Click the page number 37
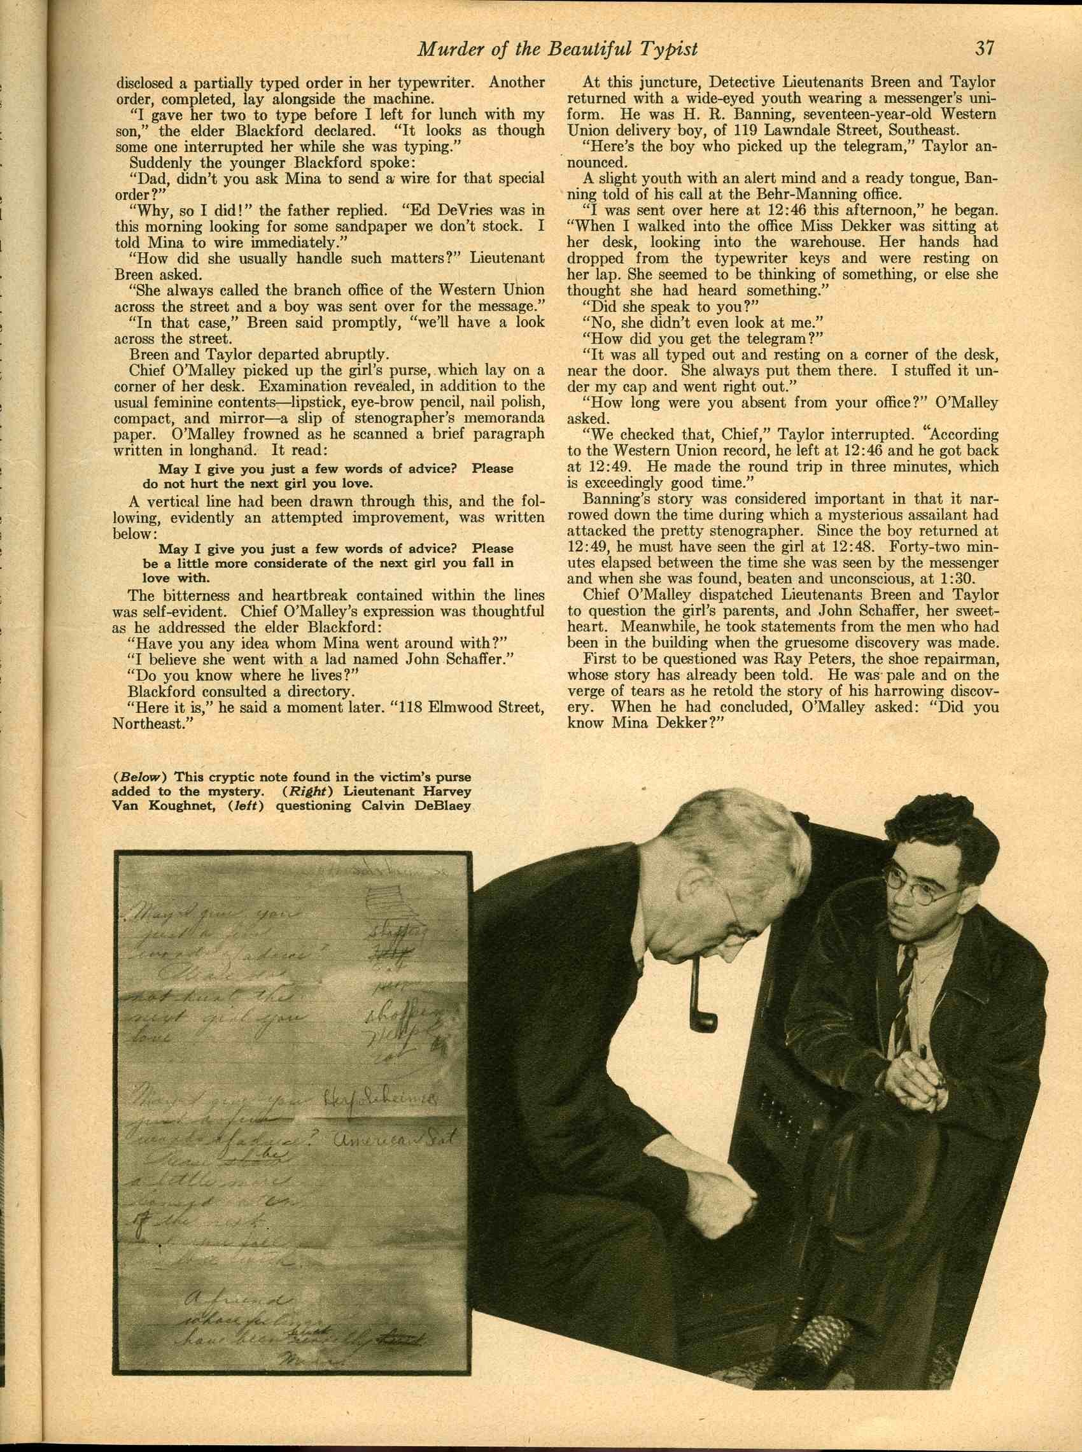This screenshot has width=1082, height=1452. pos(985,48)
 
